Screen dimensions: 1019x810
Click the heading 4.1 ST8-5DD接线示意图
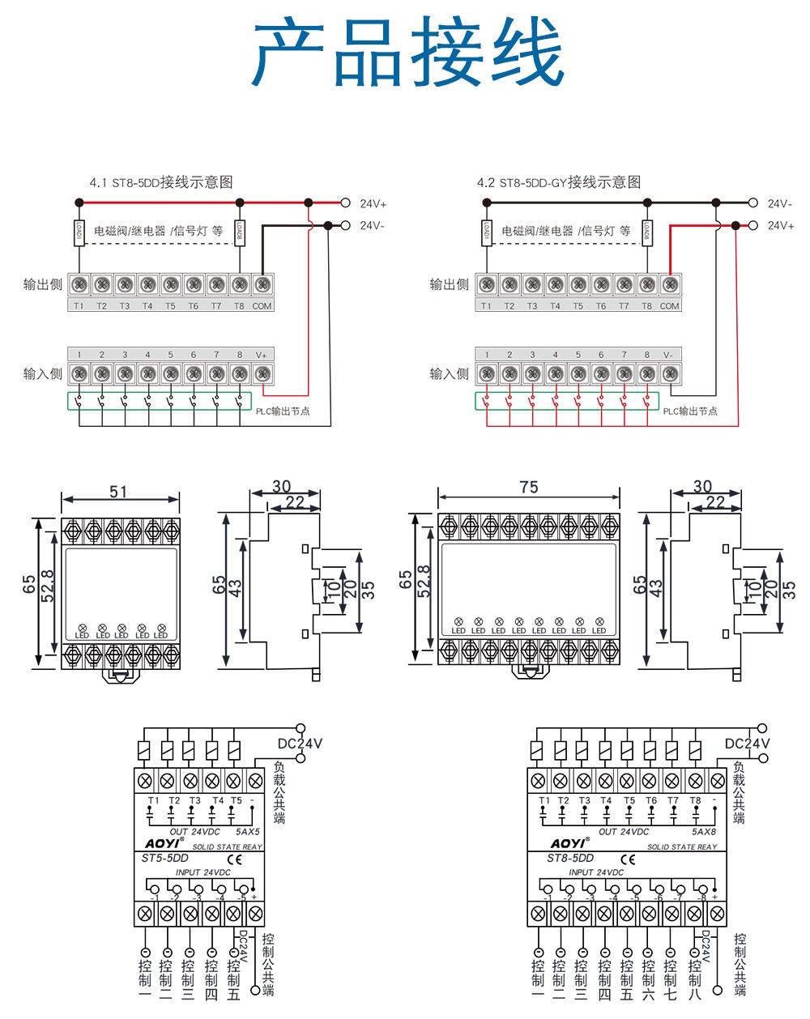[161, 182]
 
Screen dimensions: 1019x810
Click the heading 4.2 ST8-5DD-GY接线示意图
[558, 182]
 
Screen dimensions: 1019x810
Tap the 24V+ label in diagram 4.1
[373, 203]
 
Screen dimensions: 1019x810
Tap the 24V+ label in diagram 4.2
[781, 225]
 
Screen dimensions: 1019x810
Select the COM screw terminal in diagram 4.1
[262, 284]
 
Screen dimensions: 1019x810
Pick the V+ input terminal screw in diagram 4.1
[262, 373]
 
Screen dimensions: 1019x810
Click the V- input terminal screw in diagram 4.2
[669, 373]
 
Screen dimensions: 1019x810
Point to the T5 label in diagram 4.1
[170, 306]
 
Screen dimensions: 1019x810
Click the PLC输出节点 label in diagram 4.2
[690, 411]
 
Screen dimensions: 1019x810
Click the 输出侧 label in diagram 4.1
[42, 284]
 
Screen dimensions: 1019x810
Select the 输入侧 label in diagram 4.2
[449, 373]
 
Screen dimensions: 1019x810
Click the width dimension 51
[118, 491]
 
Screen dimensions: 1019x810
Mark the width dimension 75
[528, 487]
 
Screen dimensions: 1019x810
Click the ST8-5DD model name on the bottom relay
[570, 859]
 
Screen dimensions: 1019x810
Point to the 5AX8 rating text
[703, 832]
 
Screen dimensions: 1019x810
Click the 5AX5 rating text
[247, 832]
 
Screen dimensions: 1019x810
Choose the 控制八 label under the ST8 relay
[694, 978]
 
